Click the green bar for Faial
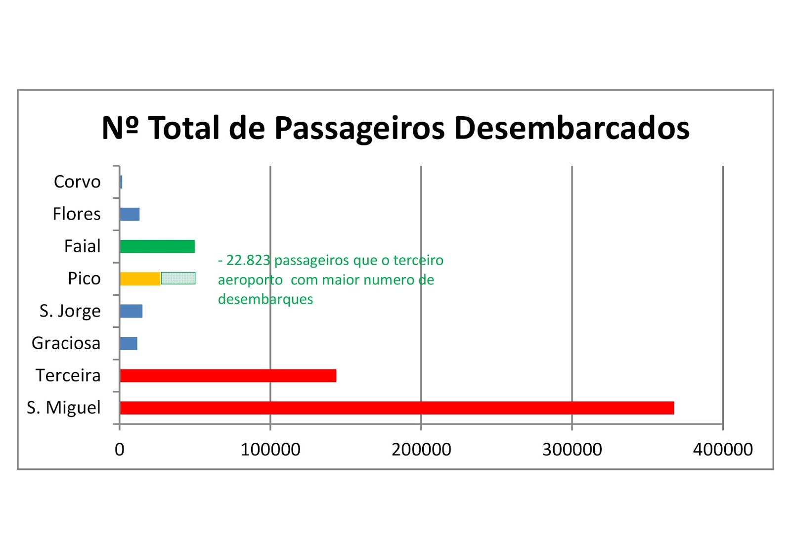157,246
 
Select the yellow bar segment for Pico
140,279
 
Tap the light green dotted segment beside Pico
178,279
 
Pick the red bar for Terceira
228,375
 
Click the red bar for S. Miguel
396,408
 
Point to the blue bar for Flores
130,214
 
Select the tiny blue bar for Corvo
121,182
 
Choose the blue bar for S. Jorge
131,311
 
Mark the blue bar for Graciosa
129,343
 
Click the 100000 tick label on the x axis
270,449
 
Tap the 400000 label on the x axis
722,449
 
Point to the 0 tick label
119,449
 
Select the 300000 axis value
572,449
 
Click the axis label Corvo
77,182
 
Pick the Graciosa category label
66,343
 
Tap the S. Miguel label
63,408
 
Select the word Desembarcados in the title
571,128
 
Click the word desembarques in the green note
265,299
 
